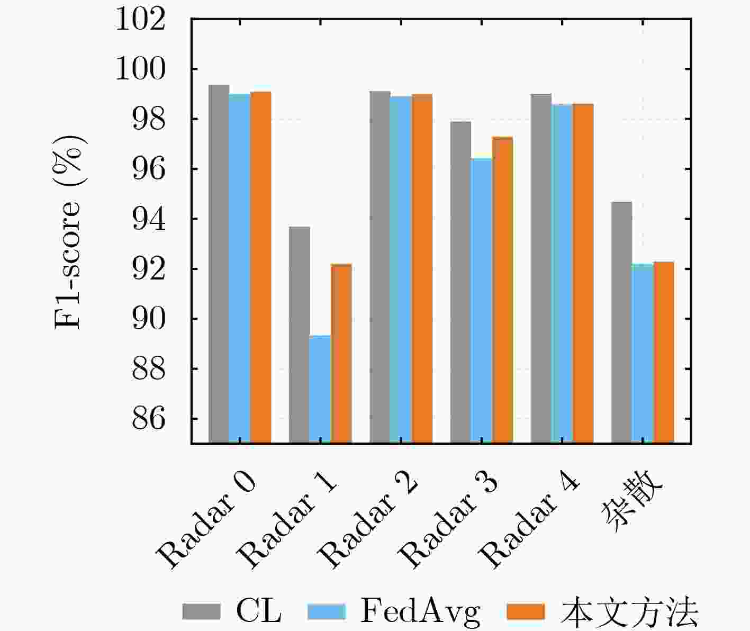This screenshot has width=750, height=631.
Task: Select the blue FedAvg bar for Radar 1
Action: [320, 389]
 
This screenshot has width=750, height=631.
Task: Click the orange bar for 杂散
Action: [664, 352]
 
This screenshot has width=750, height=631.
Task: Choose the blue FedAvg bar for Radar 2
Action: [401, 269]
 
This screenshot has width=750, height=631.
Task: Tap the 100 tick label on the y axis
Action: [140, 69]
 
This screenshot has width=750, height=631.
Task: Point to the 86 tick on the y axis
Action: [149, 419]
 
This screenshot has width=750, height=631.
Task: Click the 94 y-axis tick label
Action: [149, 219]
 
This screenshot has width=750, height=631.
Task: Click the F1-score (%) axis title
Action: [69, 231]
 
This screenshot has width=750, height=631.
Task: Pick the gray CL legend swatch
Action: [201, 612]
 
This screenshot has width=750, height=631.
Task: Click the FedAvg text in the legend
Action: [420, 612]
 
